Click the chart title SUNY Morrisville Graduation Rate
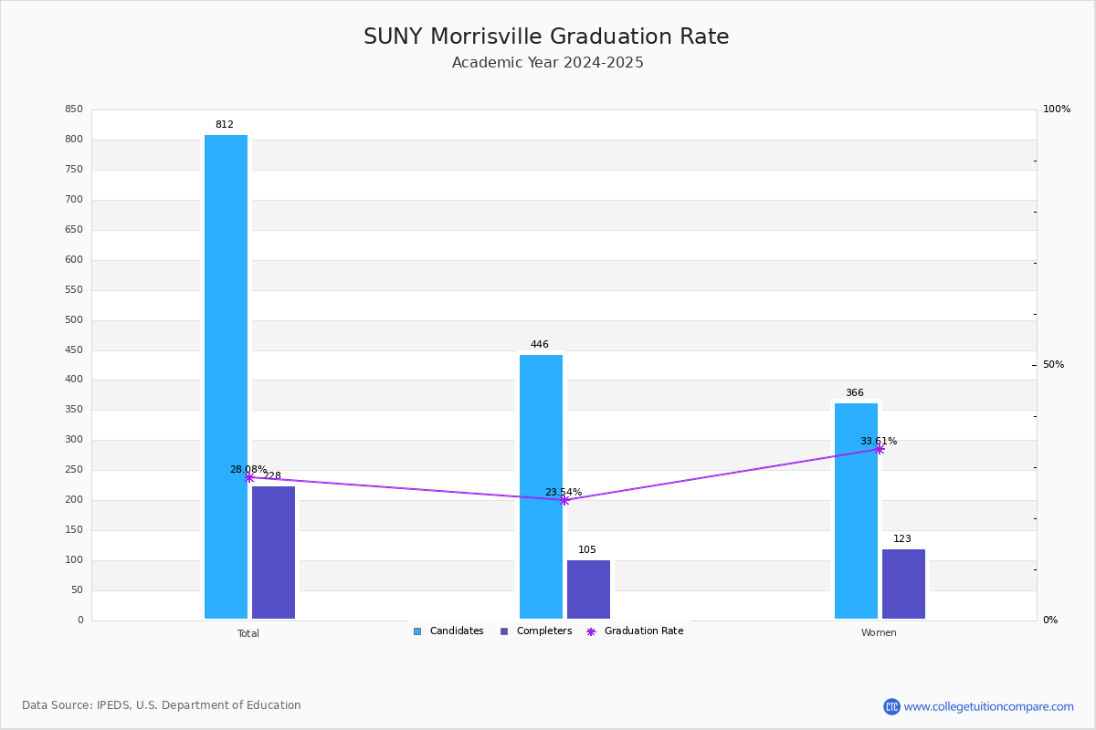pyautogui.click(x=546, y=36)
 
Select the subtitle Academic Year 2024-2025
pyautogui.click(x=547, y=63)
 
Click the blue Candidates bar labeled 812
pyautogui.click(x=227, y=377)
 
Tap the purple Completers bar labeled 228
pyautogui.click(x=273, y=552)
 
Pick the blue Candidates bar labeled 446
pyautogui.click(x=541, y=486)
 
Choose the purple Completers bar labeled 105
pyautogui.click(x=588, y=589)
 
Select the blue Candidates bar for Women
pyautogui.click(x=857, y=511)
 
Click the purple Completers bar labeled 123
pyautogui.click(x=903, y=584)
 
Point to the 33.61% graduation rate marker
pyautogui.click(x=880, y=449)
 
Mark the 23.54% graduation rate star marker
pyautogui.click(x=564, y=500)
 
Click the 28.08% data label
pyautogui.click(x=248, y=469)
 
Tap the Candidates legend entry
pyautogui.click(x=448, y=631)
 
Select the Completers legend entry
pyautogui.click(x=536, y=631)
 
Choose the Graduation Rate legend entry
pyautogui.click(x=635, y=631)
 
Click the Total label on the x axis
pyautogui.click(x=248, y=633)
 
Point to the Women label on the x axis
pyautogui.click(x=879, y=632)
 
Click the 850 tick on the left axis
pyautogui.click(x=74, y=109)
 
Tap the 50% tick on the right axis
pyautogui.click(x=1053, y=364)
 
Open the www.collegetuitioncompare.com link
pyautogui.click(x=988, y=706)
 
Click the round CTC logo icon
pyautogui.click(x=891, y=706)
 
